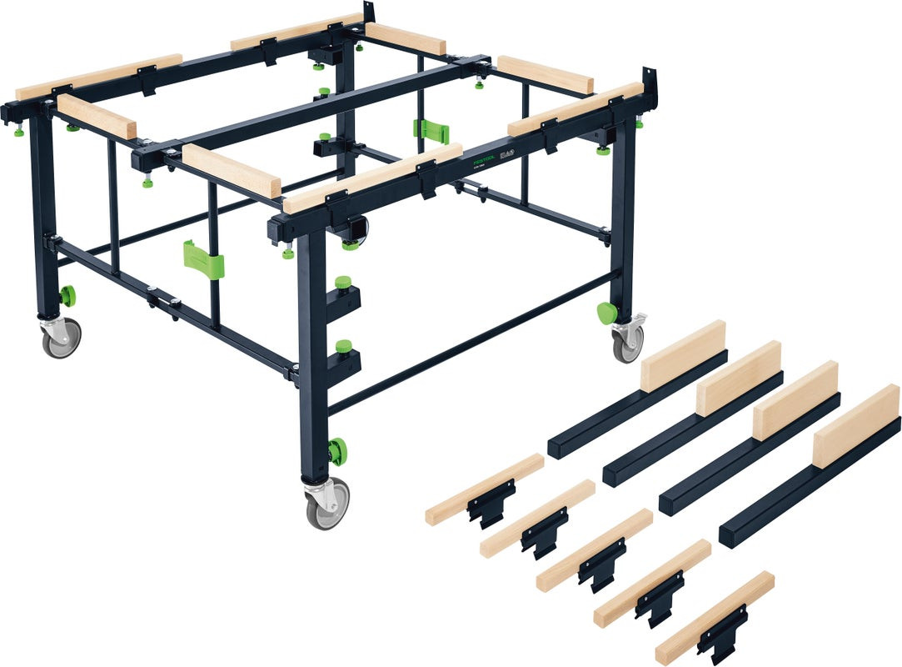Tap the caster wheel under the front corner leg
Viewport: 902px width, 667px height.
[327, 504]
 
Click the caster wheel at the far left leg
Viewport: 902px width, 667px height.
[62, 337]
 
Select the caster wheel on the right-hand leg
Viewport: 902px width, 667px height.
[629, 340]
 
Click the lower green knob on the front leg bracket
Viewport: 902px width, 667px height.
[343, 345]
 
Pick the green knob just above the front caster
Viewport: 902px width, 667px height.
[336, 451]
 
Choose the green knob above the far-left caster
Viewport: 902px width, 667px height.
[67, 295]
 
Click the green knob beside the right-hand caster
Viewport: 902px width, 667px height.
[607, 313]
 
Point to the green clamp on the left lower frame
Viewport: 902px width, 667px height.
[203, 259]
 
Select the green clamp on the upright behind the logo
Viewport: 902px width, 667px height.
[431, 130]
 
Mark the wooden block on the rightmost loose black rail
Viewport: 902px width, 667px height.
[856, 425]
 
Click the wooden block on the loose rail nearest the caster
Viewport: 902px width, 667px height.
[683, 355]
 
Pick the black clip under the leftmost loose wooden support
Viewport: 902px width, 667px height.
[491, 504]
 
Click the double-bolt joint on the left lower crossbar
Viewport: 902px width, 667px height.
[162, 298]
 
